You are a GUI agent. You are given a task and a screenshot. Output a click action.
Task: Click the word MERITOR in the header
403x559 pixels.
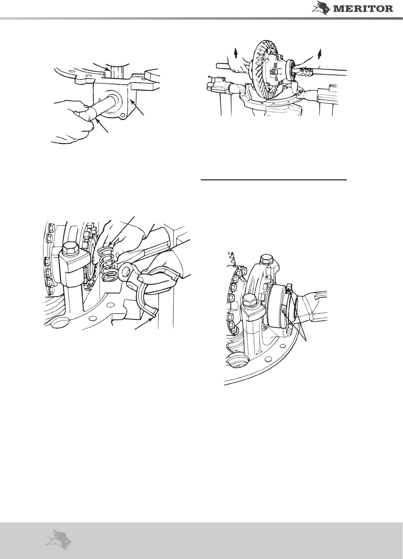364,9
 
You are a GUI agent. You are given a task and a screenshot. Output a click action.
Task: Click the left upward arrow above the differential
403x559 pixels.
235,53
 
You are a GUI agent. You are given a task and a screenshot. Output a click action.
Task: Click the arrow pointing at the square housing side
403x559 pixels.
137,107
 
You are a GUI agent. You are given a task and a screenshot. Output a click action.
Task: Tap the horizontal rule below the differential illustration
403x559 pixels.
274,179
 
